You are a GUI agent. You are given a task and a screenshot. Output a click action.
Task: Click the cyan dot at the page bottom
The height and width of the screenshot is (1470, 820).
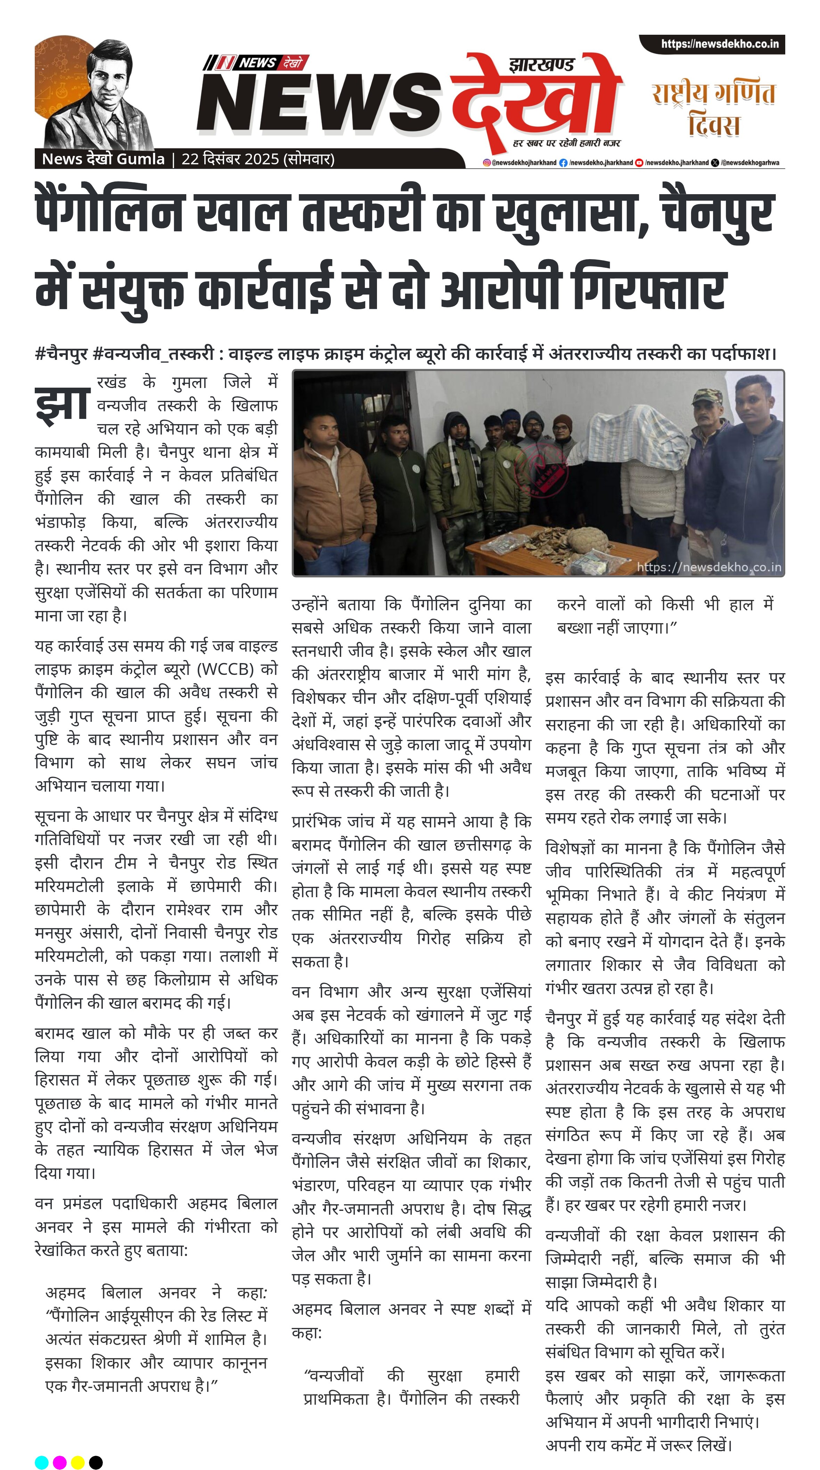pyautogui.click(x=42, y=1462)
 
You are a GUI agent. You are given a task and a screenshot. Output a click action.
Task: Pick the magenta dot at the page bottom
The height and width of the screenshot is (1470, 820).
pyautogui.click(x=59, y=1462)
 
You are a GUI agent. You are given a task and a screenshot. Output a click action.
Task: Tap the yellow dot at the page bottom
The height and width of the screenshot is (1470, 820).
pyautogui.click(x=77, y=1462)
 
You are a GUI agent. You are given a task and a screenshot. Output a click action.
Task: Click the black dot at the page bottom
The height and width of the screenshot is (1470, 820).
pyautogui.click(x=96, y=1462)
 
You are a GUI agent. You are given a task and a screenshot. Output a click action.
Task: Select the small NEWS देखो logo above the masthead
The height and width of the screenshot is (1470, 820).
pyautogui.click(x=256, y=63)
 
